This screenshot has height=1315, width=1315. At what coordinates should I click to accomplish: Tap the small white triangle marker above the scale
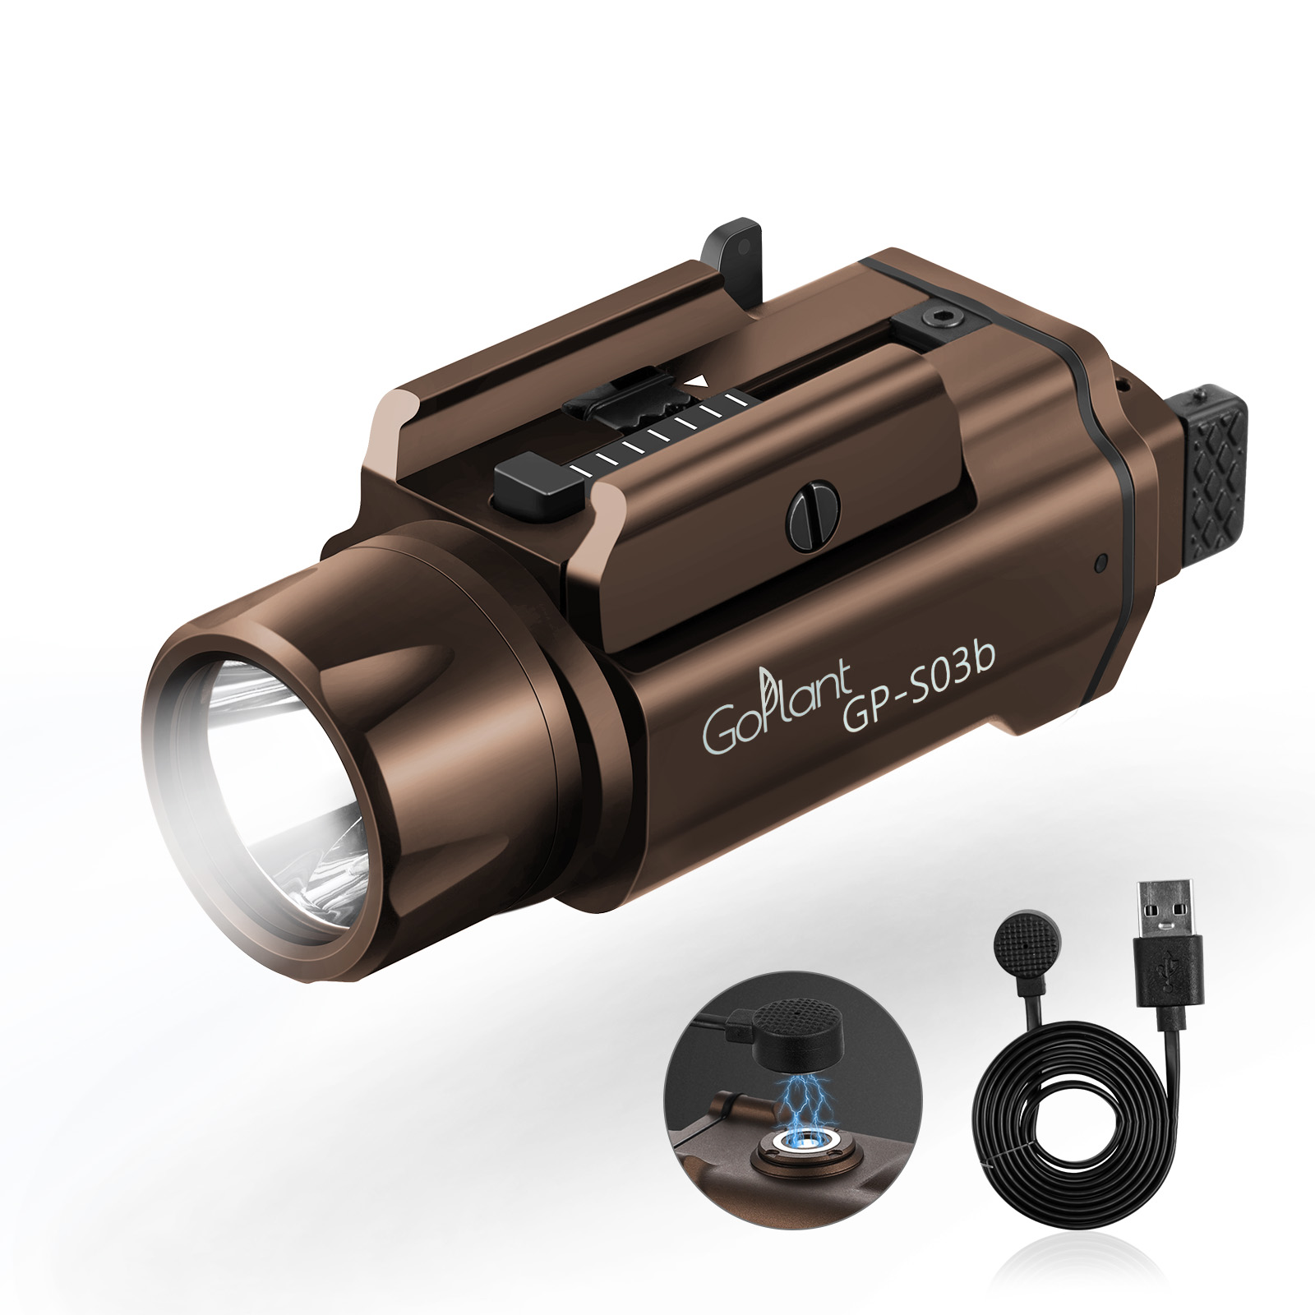[x=699, y=381]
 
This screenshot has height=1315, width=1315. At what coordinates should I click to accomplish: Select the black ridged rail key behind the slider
[x=642, y=408]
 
